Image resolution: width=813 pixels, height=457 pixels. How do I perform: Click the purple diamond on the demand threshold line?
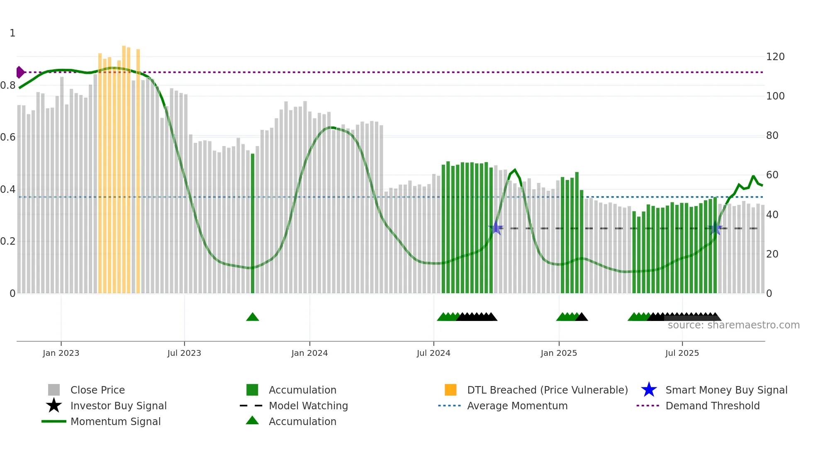click(x=20, y=72)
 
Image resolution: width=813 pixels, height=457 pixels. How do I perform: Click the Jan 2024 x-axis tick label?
click(x=309, y=353)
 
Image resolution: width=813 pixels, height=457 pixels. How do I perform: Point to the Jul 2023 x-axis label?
click(x=184, y=353)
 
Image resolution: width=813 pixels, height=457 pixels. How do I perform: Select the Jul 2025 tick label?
click(x=682, y=353)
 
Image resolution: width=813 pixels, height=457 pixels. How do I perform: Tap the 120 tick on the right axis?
click(x=775, y=57)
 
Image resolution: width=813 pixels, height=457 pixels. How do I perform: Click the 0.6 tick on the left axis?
click(x=8, y=137)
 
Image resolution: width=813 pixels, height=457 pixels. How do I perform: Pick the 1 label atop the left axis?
click(x=12, y=33)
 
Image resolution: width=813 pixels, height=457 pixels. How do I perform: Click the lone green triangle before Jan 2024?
click(x=252, y=317)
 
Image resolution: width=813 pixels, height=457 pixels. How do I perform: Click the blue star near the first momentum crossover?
click(x=496, y=228)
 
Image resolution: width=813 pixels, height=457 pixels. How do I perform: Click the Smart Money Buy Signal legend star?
click(x=649, y=390)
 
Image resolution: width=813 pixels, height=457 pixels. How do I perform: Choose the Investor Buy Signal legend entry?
click(x=118, y=406)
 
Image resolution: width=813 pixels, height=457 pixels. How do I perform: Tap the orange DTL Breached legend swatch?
click(x=450, y=390)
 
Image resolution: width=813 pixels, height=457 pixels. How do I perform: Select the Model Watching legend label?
click(x=308, y=406)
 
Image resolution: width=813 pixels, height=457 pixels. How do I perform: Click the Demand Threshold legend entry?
click(x=712, y=406)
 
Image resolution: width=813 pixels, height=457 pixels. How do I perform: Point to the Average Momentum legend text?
click(x=517, y=406)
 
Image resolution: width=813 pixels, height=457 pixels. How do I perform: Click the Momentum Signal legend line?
click(x=54, y=421)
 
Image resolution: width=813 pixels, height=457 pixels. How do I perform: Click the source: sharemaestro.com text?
click(x=733, y=325)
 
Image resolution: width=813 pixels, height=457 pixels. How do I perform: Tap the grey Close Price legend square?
click(x=54, y=390)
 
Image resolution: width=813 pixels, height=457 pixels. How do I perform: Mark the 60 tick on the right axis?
click(x=772, y=175)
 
